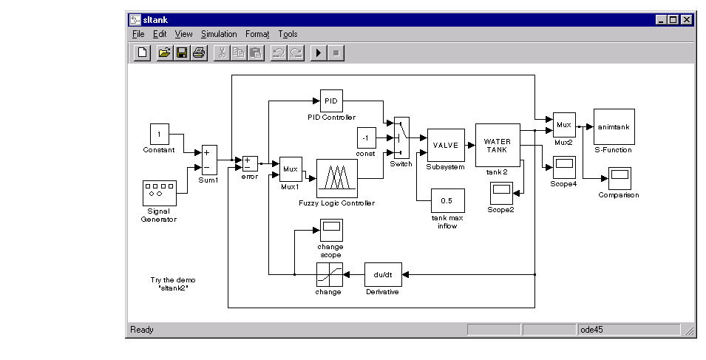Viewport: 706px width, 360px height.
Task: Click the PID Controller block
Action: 331,101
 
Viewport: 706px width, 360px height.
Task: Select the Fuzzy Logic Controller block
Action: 337,179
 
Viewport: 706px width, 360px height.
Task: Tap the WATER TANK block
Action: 498,146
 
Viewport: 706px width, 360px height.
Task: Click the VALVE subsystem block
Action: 446,146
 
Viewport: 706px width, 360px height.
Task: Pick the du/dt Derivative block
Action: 383,274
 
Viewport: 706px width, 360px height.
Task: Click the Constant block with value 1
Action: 160,134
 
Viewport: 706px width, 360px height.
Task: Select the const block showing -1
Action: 367,137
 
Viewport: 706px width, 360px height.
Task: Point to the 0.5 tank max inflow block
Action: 447,201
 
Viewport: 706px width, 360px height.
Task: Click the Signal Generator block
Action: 160,193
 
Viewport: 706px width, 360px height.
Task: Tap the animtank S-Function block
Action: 614,127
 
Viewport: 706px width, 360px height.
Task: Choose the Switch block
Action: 401,137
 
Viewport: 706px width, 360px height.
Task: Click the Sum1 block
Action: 209,160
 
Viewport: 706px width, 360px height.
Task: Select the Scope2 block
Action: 501,193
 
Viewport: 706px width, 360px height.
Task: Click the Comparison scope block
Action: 620,179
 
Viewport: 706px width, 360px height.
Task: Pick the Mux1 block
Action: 291,169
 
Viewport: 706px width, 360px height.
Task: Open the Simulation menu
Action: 219,34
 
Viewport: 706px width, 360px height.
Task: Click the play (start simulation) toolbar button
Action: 319,52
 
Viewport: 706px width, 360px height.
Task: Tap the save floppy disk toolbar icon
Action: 182,52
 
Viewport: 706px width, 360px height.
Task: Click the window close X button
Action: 686,20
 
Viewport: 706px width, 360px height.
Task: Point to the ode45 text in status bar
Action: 591,330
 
